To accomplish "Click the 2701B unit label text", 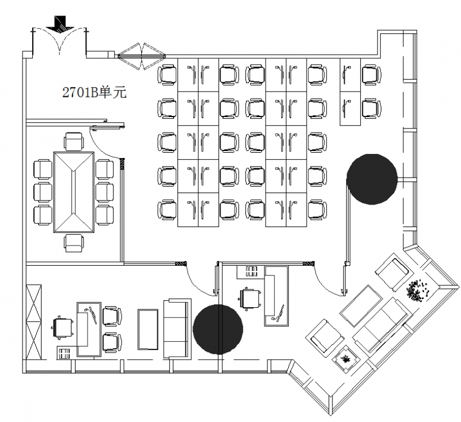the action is [x=95, y=92].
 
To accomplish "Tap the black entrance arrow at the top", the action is [x=61, y=24].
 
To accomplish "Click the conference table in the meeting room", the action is [x=74, y=192].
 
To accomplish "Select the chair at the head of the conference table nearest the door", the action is [x=74, y=142].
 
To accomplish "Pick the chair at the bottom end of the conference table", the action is [x=74, y=243].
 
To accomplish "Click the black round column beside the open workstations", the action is [x=372, y=179].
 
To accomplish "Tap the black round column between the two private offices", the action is [x=218, y=329].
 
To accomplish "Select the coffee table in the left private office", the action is [x=148, y=329].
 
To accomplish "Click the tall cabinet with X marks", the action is [x=34, y=322].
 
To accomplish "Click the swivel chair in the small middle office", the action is [x=250, y=299].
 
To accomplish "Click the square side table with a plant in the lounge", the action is [x=346, y=359].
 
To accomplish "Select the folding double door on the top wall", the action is [x=142, y=56].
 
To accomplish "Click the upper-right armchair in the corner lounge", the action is [x=392, y=270].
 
